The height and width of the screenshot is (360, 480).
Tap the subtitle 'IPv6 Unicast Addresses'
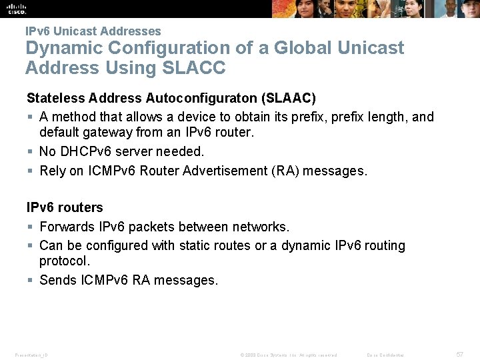click(93, 31)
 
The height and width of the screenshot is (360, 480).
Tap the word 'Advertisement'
click(227, 171)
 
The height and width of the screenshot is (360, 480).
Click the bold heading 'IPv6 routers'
click(65, 207)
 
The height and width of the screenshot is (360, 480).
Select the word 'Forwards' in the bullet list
click(67, 227)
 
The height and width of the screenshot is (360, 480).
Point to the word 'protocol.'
click(65, 261)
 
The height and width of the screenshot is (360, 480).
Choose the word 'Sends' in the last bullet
click(58, 280)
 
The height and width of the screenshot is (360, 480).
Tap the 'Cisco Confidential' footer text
click(385, 355)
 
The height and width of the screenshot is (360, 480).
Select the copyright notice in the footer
click(289, 355)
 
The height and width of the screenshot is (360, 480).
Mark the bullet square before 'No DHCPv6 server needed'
click(30, 152)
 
